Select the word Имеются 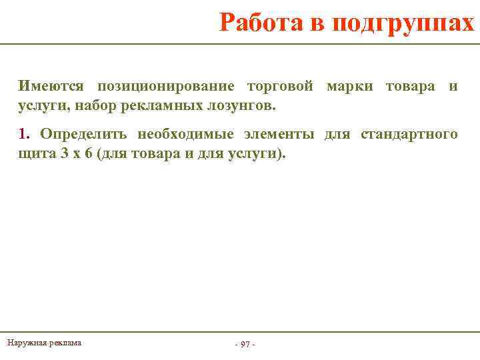click(51, 86)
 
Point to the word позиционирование click(166, 86)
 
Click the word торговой click(280, 86)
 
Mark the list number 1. click(25, 134)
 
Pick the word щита click(35, 153)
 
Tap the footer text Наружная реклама click(44, 343)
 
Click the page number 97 click(245, 344)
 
